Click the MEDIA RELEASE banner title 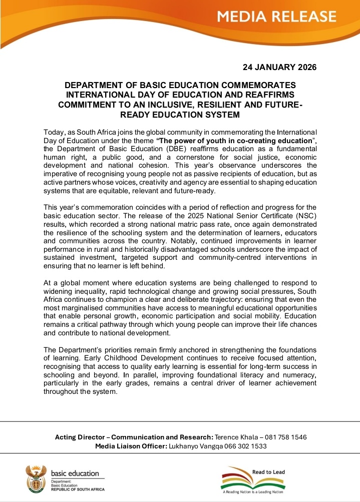pos(277,17)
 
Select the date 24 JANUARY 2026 pos(279,67)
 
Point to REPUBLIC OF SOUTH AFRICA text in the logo pos(78,489)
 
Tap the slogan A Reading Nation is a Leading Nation pos(256,492)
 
